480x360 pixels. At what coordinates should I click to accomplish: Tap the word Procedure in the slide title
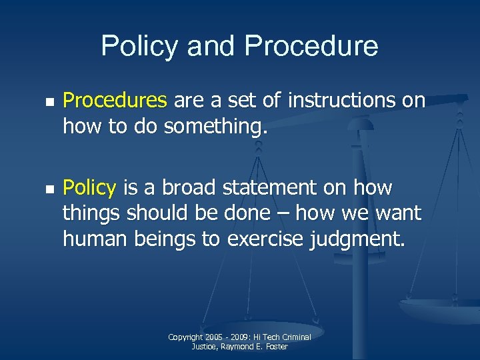(311, 46)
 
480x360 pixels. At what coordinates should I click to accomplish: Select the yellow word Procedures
(115, 101)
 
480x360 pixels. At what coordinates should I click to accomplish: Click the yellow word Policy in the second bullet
(89, 188)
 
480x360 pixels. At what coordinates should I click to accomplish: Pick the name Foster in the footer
(275, 347)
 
